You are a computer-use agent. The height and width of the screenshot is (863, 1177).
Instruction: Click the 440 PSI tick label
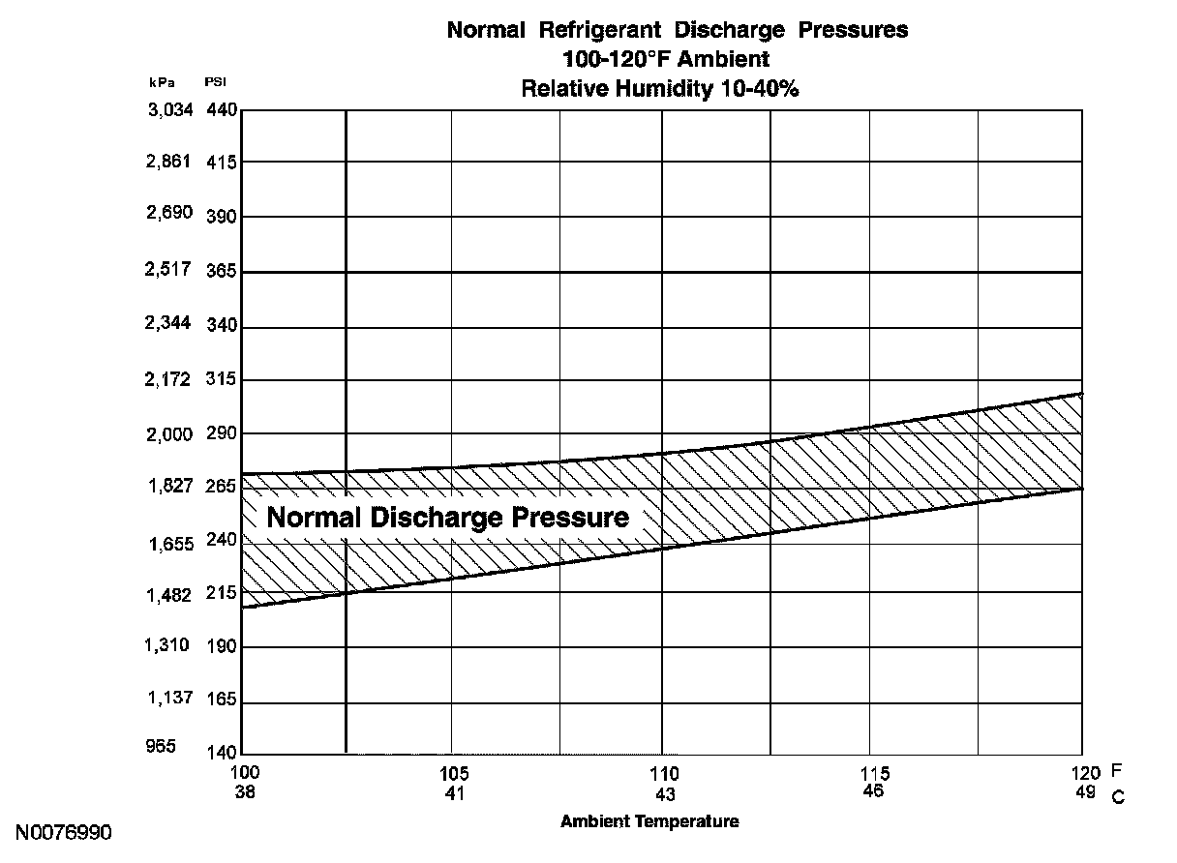pyautogui.click(x=222, y=109)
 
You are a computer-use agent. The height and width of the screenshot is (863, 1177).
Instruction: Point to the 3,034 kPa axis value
pyautogui.click(x=170, y=109)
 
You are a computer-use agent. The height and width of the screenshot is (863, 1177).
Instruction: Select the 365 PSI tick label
pyautogui.click(x=222, y=272)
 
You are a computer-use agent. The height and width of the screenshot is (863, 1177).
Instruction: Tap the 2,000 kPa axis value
pyautogui.click(x=170, y=433)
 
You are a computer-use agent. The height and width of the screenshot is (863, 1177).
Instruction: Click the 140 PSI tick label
pyautogui.click(x=222, y=753)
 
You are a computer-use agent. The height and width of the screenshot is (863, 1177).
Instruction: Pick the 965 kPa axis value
pyautogui.click(x=160, y=746)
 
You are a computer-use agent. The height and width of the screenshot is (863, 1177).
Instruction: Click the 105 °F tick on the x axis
pyautogui.click(x=453, y=773)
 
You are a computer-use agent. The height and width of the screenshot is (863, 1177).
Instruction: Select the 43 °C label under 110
pyautogui.click(x=665, y=794)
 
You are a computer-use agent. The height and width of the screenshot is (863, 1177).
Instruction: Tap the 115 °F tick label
pyautogui.click(x=874, y=773)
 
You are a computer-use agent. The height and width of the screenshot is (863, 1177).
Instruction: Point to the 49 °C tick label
pyautogui.click(x=1085, y=792)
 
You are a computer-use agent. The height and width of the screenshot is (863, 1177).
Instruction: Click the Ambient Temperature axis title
pyautogui.click(x=649, y=821)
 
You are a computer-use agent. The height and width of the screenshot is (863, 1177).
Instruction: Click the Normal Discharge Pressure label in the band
pyautogui.click(x=447, y=517)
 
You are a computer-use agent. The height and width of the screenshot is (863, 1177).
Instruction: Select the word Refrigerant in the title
pyautogui.click(x=592, y=30)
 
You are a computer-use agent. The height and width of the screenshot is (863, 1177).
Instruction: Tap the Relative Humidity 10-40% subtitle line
pyautogui.click(x=659, y=88)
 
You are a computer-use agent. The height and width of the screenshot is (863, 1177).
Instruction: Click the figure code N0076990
pyautogui.click(x=64, y=832)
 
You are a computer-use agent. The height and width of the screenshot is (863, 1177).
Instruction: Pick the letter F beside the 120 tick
pyautogui.click(x=1116, y=771)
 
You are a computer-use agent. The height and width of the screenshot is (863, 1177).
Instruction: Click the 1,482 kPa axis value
pyautogui.click(x=170, y=594)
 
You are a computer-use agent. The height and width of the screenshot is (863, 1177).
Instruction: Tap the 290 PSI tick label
pyautogui.click(x=222, y=433)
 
